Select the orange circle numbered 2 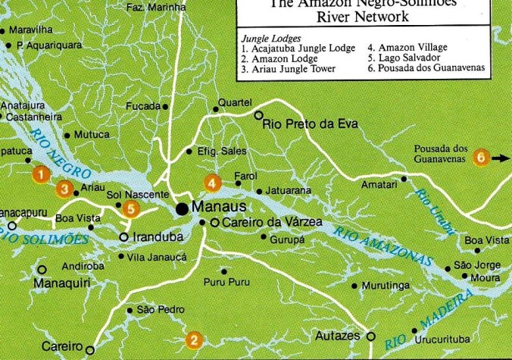pyautogui.click(x=194, y=340)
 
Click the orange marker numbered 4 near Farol pyautogui.click(x=213, y=182)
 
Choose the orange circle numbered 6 pyautogui.click(x=480, y=158)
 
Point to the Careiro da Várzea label pyautogui.click(x=262, y=223)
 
